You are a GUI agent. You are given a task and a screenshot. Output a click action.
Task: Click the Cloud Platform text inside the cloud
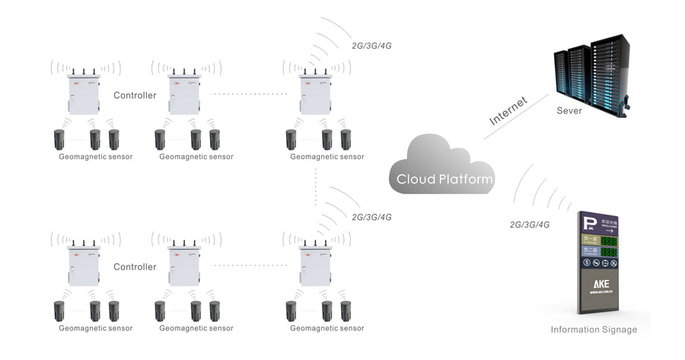point(444,180)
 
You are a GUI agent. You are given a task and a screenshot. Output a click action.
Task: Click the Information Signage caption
point(594,330)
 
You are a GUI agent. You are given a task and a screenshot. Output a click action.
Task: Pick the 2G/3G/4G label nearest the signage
point(530,225)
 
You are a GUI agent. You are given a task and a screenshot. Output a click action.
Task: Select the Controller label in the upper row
point(135,96)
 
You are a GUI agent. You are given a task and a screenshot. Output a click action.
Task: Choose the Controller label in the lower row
point(135,267)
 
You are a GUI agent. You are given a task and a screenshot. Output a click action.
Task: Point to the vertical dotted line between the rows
point(315,186)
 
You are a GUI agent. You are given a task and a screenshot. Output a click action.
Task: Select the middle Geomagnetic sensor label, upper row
point(196,157)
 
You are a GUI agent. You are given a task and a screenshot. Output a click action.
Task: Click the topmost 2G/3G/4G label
point(372,45)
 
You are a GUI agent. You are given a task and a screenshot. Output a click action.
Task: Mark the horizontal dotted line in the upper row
point(248,94)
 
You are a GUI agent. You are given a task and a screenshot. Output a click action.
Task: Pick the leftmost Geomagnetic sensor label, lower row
point(96,329)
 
